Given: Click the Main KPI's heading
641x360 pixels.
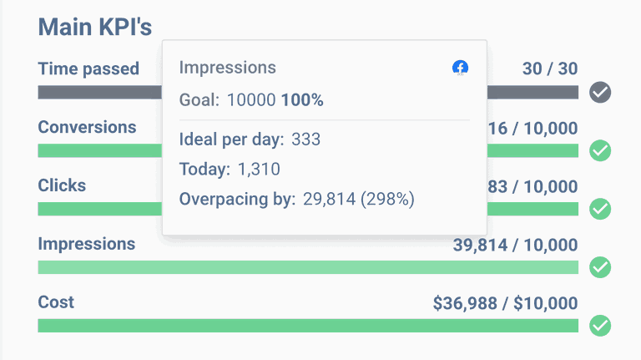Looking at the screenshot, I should [95, 27].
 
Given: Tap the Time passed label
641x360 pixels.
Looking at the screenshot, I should [88, 68].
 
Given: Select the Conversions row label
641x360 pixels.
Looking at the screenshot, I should [87, 127].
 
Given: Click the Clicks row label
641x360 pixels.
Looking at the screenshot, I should [62, 185].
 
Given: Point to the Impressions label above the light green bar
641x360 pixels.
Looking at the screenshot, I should [87, 244].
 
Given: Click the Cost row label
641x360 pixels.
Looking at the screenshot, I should [56, 302].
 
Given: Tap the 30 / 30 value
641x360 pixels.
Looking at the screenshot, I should [550, 68].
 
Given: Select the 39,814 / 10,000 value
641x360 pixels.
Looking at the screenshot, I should [515, 245].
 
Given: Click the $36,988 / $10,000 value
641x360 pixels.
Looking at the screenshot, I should [505, 303].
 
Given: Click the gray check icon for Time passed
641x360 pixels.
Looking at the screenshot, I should [600, 93].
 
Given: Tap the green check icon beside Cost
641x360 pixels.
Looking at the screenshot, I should [600, 326].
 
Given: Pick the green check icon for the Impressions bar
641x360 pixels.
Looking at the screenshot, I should [600, 267].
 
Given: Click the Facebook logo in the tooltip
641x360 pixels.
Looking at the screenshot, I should [460, 68].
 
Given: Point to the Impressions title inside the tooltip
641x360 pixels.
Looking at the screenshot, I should [227, 68].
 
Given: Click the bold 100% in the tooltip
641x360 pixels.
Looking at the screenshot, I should [302, 100].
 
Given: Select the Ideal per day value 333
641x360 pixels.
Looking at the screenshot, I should [305, 139].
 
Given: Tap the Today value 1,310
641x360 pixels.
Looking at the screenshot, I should [258, 170].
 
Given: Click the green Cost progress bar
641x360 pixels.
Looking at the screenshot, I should [308, 326].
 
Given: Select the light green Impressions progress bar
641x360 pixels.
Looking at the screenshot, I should [308, 267].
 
